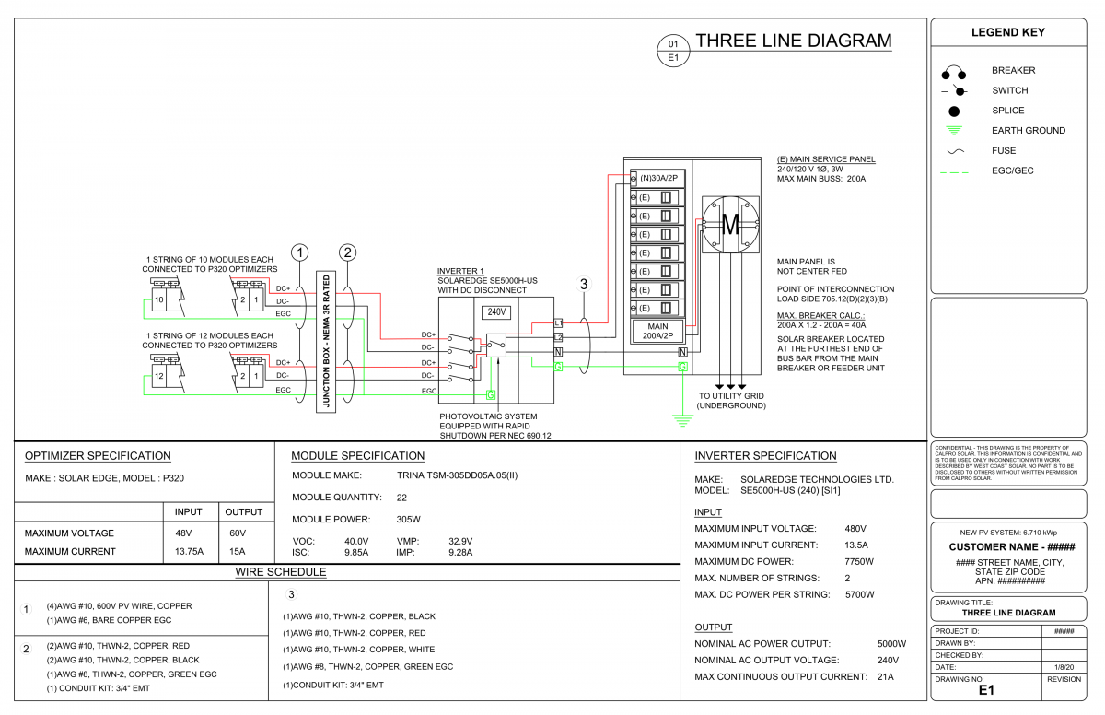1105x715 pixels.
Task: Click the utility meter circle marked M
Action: [x=730, y=225]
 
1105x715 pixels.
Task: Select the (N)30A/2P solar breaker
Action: [x=657, y=178]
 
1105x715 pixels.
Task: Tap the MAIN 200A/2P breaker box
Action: [x=657, y=331]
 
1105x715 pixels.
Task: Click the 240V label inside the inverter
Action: [x=496, y=311]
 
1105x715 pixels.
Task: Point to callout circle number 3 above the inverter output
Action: [x=584, y=284]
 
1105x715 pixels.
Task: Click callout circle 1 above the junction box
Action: [x=300, y=252]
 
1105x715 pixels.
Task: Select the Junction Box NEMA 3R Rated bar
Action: [x=326, y=342]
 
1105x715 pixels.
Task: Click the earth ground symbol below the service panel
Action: [x=682, y=420]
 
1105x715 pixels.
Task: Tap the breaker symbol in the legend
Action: [x=954, y=72]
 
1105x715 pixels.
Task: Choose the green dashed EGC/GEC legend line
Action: [x=955, y=172]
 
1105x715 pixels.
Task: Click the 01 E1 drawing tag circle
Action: [x=673, y=51]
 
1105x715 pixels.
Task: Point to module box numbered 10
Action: [x=158, y=299]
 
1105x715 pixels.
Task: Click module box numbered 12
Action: [x=158, y=376]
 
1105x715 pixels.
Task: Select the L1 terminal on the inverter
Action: [x=558, y=323]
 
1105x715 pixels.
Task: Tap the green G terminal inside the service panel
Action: [x=682, y=367]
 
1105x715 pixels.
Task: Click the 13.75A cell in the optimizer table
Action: [x=189, y=551]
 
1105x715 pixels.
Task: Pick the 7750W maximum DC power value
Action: [x=859, y=561]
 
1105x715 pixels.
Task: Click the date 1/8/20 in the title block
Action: [x=1064, y=667]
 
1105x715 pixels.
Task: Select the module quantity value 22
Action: [x=401, y=498]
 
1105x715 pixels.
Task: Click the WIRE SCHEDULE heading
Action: [x=281, y=572]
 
